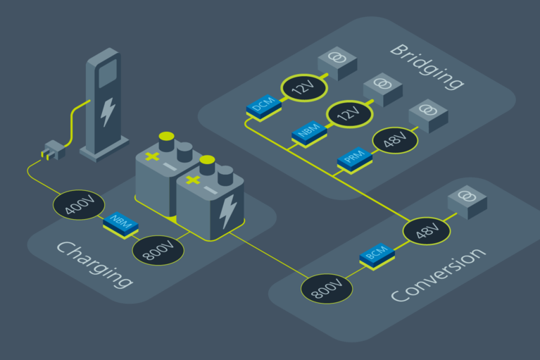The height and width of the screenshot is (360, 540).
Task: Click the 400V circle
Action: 79,205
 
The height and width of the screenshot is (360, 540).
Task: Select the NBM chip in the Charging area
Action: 121,225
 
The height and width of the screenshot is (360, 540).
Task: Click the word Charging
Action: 94,265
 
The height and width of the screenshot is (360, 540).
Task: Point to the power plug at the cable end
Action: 54,150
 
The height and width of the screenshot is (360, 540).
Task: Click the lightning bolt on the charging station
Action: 108,111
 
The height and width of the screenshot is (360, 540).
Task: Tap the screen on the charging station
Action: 108,73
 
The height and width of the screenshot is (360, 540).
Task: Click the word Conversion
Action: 438,275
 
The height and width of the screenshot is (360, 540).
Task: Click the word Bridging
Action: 426,67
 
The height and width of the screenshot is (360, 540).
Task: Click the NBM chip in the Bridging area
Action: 308,132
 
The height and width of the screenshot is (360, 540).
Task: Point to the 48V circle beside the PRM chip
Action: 394,141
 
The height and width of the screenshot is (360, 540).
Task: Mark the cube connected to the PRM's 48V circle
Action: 428,116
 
